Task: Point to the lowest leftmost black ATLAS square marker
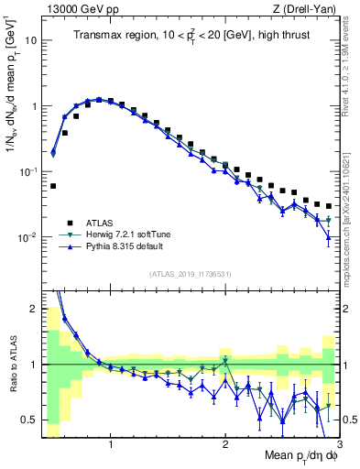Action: (x=53, y=186)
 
